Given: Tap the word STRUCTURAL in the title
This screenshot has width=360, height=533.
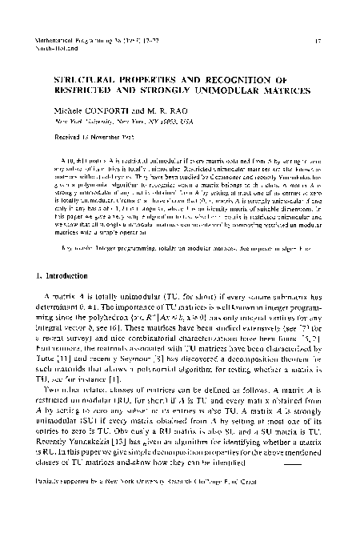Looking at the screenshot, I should point(85,81).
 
